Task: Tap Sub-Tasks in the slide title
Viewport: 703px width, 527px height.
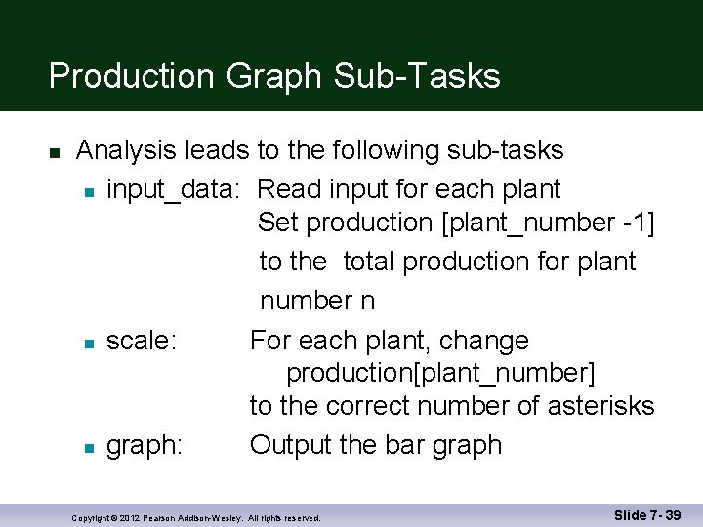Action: coord(417,76)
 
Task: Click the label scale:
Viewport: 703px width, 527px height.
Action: coord(142,341)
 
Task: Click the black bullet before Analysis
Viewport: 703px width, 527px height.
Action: coord(55,152)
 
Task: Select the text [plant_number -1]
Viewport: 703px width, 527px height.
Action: coord(548,223)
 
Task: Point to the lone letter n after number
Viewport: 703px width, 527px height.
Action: coord(367,302)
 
